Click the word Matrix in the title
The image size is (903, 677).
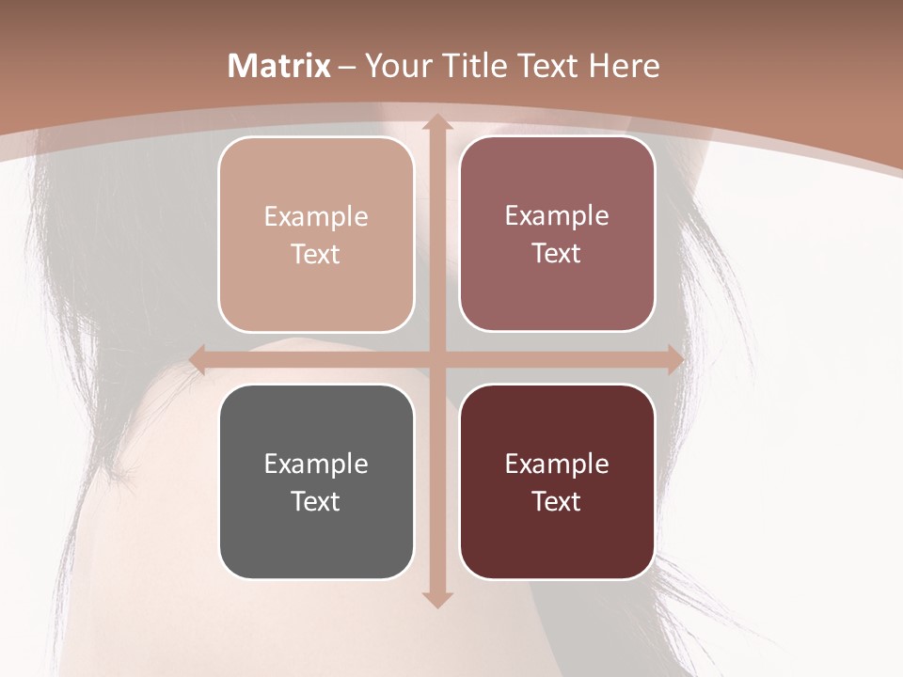[279, 66]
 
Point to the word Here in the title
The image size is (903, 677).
[625, 66]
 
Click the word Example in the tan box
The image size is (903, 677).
[316, 216]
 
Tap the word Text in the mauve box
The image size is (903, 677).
[557, 254]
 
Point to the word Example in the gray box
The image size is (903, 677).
[316, 464]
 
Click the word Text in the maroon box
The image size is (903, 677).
[557, 501]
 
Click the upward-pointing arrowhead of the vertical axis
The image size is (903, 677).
[436, 123]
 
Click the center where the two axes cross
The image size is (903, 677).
[436, 359]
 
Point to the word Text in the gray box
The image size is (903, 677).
[316, 501]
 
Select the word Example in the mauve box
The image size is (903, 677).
[557, 215]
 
